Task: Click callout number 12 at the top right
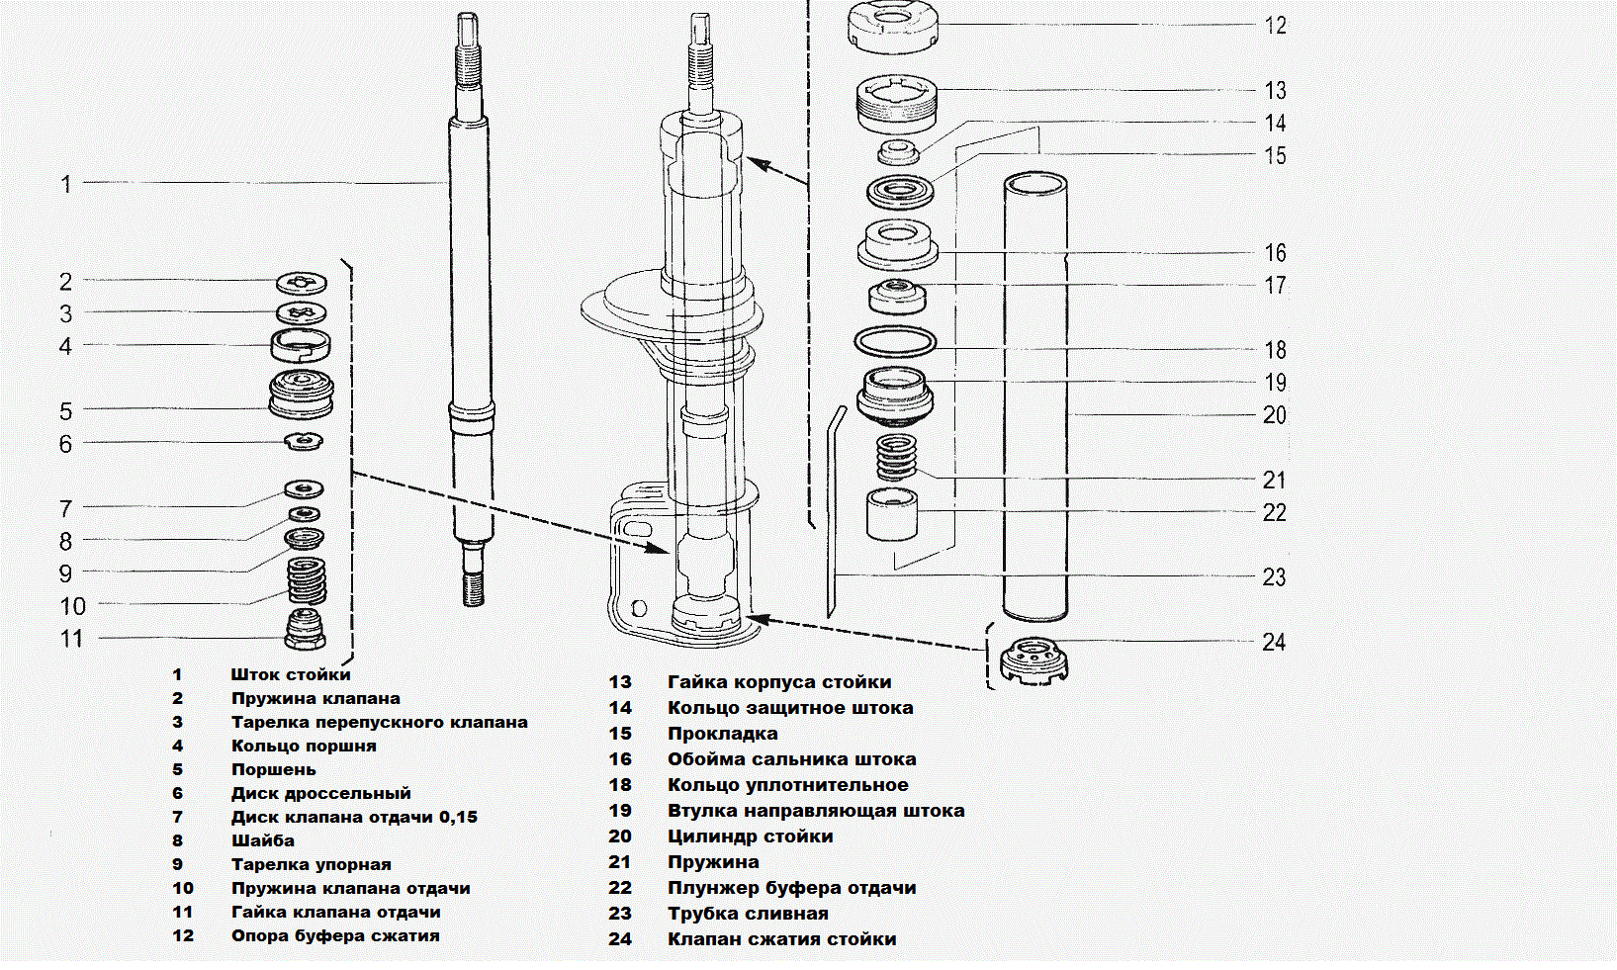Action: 1275,26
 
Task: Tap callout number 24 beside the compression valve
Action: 1274,643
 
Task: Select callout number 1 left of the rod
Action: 66,184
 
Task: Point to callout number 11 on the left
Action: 72,639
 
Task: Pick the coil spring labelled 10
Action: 307,580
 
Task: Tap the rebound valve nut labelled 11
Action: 306,629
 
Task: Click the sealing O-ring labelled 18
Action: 895,341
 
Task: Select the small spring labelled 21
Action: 897,457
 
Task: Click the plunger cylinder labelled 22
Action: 892,513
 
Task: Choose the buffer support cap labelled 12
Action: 892,27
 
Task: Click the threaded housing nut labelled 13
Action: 896,104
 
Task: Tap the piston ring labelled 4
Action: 301,345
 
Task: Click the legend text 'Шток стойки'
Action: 291,674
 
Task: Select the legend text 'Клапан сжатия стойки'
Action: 781,939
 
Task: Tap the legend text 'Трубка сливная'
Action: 748,914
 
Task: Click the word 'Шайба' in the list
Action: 262,840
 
